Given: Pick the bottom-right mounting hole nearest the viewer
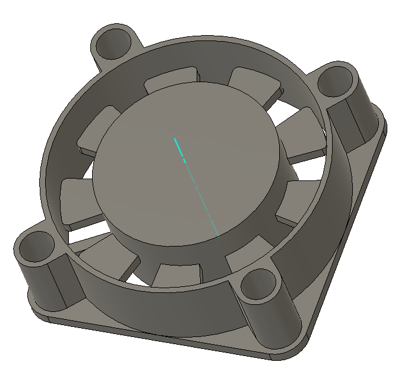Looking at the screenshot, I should click(x=259, y=286).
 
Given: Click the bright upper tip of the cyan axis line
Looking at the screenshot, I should click(x=175, y=139).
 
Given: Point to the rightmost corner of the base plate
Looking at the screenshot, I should click(x=383, y=128).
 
